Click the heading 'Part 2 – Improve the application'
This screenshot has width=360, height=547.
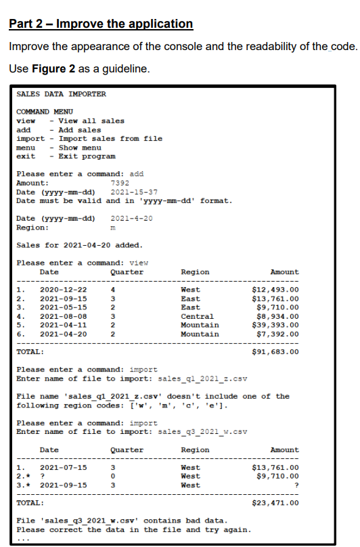101,24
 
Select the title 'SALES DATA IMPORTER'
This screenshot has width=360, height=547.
61,94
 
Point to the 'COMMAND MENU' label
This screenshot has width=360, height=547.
45,112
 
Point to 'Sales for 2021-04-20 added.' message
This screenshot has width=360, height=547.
79,244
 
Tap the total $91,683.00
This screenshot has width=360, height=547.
275,352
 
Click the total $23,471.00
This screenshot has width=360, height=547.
275,503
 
